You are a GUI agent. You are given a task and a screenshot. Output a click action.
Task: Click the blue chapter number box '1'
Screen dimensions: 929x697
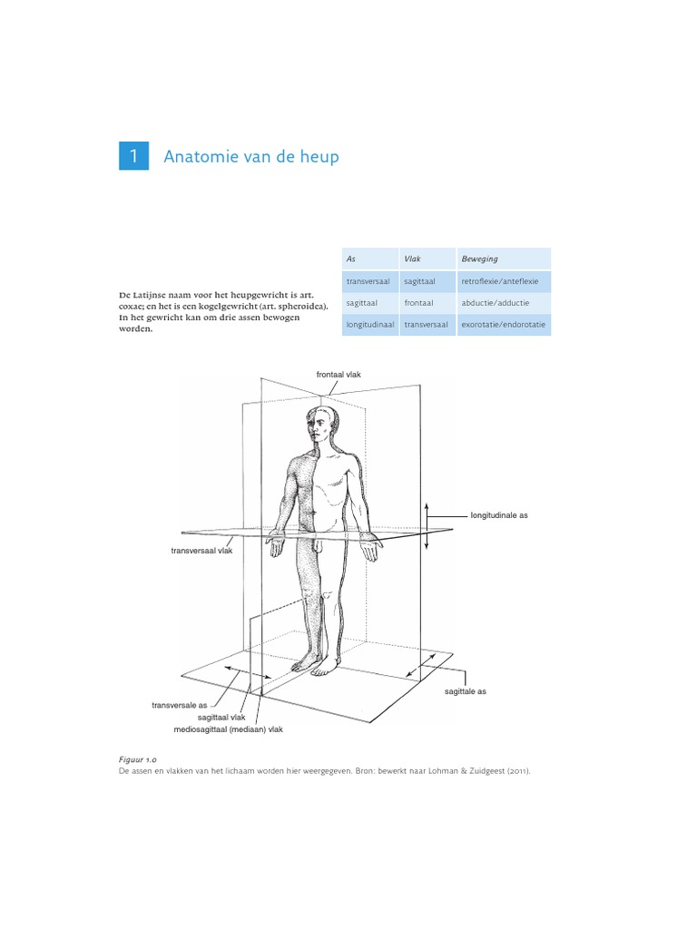coord(133,157)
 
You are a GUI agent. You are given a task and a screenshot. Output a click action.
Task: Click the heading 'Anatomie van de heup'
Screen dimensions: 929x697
coord(250,157)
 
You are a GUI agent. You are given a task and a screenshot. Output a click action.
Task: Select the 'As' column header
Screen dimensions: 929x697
coord(351,259)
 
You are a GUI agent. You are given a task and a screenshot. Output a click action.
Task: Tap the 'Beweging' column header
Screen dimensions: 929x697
coord(479,259)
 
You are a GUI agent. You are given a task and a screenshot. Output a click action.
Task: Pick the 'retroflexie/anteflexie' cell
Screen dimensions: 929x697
coord(499,282)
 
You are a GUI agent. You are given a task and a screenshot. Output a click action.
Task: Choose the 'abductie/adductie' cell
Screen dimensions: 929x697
coord(496,304)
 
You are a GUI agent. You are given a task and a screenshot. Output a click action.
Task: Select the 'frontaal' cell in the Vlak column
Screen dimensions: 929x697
coord(418,304)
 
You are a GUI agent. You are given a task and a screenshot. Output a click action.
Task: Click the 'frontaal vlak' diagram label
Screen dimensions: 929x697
coord(339,374)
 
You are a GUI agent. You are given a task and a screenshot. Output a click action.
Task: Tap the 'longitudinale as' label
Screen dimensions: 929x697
coord(499,515)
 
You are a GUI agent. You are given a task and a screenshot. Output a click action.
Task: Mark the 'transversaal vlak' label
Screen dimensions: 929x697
coord(201,551)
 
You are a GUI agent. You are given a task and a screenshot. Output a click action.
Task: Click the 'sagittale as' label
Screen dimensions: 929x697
coord(466,691)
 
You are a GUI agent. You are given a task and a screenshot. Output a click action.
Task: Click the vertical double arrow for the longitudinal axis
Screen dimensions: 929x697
coord(426,523)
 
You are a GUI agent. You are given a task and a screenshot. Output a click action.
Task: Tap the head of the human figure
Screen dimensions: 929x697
coord(320,425)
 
